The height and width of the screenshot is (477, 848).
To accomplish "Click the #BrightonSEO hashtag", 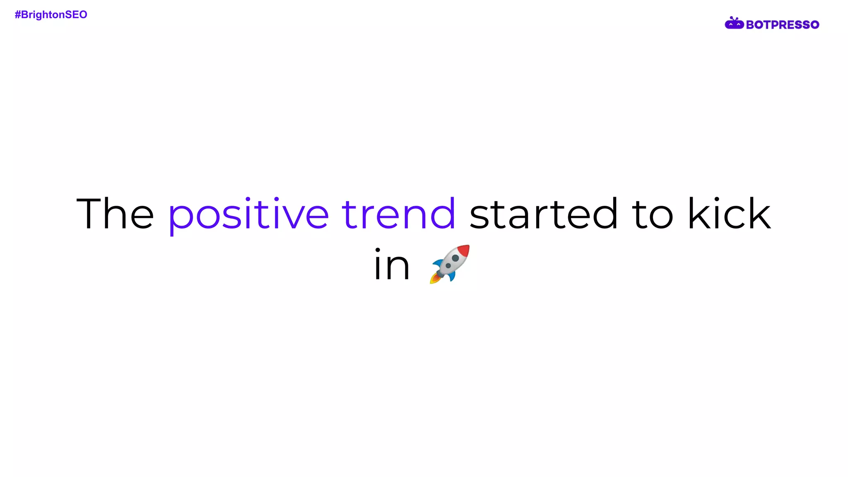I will [x=51, y=15].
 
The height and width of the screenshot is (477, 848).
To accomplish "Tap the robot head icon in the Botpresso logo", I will [x=734, y=24].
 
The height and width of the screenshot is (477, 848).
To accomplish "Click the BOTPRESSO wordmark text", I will [x=782, y=25].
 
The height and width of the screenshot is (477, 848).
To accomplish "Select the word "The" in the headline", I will [x=115, y=214].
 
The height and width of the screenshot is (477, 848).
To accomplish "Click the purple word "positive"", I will [x=248, y=214].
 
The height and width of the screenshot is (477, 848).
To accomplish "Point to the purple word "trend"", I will [x=398, y=214].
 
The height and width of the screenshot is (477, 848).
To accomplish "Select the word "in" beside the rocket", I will [x=392, y=265].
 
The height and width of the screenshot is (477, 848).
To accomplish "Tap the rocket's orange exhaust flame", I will [x=434, y=279].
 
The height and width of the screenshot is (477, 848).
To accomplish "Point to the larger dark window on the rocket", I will [x=455, y=258].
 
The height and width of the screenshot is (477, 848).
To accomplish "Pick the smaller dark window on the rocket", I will [x=448, y=266].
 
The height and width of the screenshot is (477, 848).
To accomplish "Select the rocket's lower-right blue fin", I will [x=453, y=276].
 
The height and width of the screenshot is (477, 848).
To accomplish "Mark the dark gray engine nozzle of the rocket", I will [x=440, y=274].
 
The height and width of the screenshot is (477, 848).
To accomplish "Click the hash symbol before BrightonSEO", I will [x=18, y=15].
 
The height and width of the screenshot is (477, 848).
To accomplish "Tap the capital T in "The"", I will [x=89, y=214].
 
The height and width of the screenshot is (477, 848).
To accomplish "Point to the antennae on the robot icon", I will [x=734, y=18].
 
